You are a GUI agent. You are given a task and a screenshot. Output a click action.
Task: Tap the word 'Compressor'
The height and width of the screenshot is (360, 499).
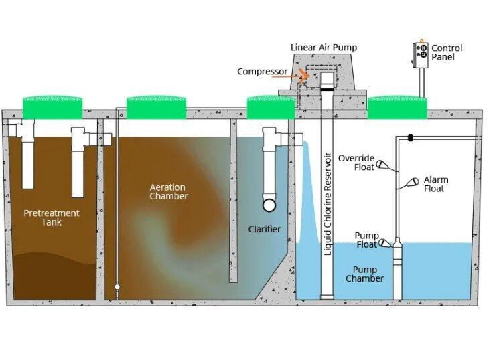263,72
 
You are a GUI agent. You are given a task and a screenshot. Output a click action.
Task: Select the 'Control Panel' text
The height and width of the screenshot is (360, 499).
447,52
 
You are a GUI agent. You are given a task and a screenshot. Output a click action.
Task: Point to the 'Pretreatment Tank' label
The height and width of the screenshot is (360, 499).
52,217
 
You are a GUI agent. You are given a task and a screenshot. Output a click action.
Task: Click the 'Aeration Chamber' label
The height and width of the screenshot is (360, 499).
169,191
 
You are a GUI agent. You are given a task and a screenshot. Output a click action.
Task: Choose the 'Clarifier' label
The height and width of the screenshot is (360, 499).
264,230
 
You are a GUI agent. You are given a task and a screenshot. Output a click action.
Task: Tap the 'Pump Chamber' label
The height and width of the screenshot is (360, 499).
364,274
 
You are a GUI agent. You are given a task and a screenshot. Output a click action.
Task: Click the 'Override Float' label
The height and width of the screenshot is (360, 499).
356,163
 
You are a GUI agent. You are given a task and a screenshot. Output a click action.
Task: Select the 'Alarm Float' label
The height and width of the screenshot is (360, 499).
436,184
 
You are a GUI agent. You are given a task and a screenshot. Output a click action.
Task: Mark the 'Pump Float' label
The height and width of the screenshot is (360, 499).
366,240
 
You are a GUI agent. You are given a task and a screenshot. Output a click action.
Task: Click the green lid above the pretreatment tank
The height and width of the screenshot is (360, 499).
53,106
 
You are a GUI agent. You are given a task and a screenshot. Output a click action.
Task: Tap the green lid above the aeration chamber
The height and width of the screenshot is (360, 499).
155,106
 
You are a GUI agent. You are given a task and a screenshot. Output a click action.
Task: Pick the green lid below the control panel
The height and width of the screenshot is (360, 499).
397,106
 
